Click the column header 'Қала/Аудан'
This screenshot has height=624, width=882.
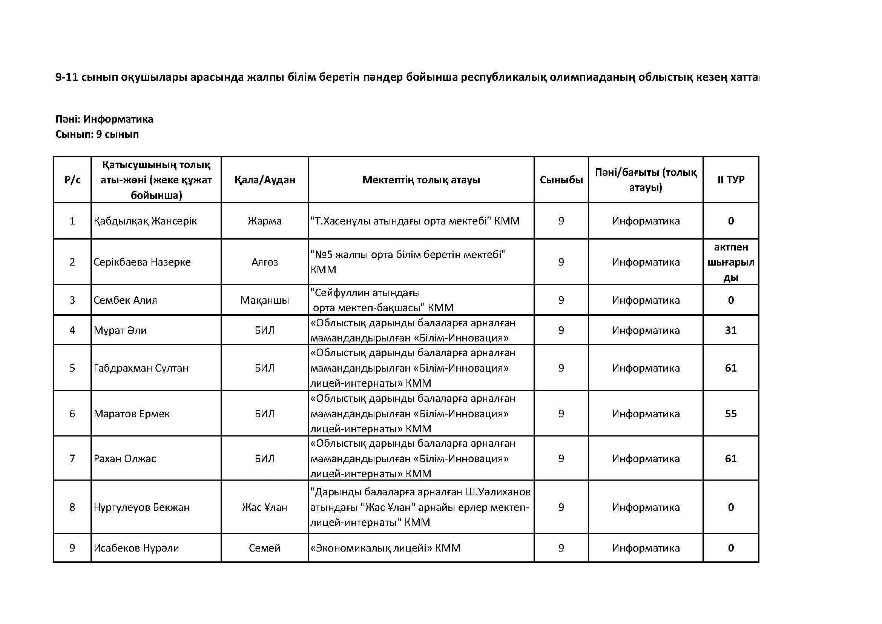pos(265,180)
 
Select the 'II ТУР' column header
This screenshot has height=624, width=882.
pos(731,180)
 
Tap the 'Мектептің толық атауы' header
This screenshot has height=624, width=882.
pos(421,180)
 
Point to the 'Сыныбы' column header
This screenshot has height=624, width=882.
pos(561,180)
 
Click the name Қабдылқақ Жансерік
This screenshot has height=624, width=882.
pos(145,221)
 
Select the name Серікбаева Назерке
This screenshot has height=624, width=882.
pos(142,262)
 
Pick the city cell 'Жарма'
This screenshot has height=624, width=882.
pos(265,221)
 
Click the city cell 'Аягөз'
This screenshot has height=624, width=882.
pos(265,262)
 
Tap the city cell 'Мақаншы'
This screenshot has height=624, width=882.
pos(265,300)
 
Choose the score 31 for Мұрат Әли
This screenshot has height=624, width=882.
pos(731,330)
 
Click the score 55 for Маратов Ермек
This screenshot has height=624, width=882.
pos(731,413)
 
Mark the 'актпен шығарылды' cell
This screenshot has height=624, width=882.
pos(731,262)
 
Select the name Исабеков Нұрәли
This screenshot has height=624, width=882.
pos(137,548)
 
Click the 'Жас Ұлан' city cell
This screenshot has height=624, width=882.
pos(265,507)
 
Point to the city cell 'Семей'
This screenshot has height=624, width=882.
pos(265,548)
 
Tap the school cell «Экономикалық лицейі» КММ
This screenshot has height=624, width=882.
pos(385,548)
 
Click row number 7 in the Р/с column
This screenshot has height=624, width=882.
pos(72,458)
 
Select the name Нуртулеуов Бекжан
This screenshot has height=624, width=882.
pos(142,507)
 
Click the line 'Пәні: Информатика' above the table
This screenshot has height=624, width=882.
pos(104,119)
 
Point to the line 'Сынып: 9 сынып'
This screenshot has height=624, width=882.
pos(97,134)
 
